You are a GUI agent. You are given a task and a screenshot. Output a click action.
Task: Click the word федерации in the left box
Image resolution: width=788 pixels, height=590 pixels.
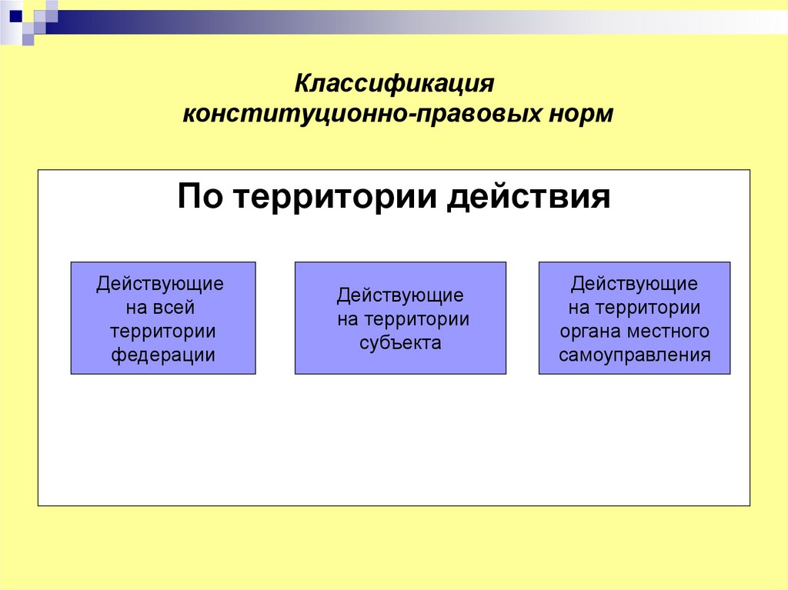[x=163, y=355]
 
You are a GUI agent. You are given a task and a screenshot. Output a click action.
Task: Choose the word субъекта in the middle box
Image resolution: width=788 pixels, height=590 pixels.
[x=400, y=343]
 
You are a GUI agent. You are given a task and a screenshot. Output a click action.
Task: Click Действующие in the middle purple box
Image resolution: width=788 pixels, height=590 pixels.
[x=400, y=295]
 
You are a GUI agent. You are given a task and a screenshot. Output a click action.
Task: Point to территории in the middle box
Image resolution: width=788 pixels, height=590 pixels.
[x=416, y=319]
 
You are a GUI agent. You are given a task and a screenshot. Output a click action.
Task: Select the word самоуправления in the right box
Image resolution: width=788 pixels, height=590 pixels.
[x=635, y=355]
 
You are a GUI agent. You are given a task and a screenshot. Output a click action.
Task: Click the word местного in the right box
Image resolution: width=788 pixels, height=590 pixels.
[x=667, y=332]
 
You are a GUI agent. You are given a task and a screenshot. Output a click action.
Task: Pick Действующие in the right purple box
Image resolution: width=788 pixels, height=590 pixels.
[x=634, y=284]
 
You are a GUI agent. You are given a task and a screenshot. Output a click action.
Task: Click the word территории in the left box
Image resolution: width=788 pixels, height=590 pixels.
[x=162, y=332]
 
